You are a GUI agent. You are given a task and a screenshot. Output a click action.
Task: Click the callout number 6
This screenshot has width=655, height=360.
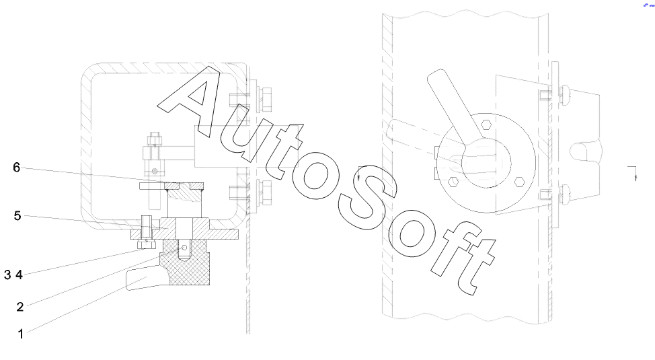tap(16, 168)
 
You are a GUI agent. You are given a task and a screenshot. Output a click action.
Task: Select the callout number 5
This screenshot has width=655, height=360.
tap(17, 216)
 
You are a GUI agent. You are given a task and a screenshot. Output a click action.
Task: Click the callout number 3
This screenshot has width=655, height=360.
tap(8, 275)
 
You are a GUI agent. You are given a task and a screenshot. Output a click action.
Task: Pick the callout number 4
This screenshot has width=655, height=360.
tap(20, 275)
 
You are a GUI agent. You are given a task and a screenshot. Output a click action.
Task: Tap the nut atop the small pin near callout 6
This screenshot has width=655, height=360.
tap(155, 139)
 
